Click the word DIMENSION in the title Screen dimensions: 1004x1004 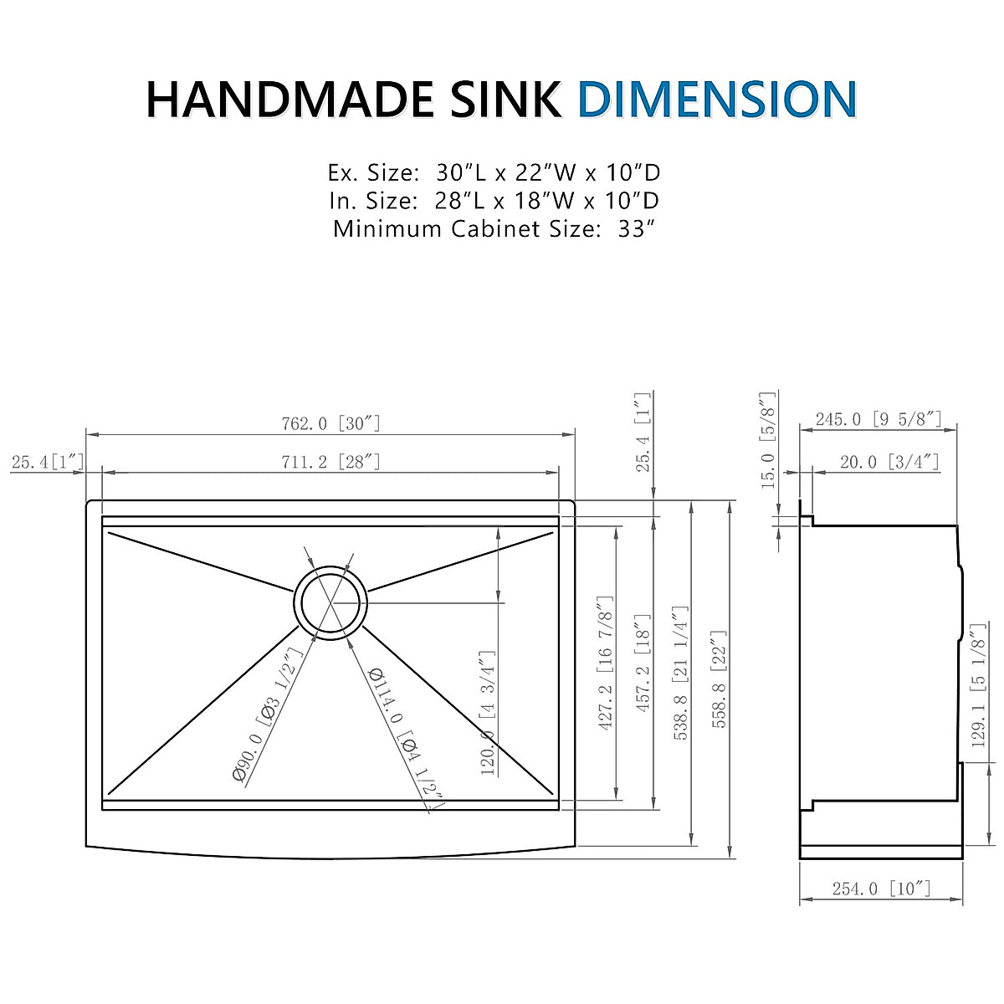[717, 100]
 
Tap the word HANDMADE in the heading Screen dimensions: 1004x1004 [289, 100]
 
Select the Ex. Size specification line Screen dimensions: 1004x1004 [494, 173]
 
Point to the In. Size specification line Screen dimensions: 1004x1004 [494, 201]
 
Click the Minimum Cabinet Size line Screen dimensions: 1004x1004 [494, 228]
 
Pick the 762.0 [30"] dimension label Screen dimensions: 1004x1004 [330, 423]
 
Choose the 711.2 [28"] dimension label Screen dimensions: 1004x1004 [330, 462]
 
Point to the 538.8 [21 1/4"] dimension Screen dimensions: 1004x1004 [680, 674]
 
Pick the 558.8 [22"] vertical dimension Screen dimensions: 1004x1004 [719, 678]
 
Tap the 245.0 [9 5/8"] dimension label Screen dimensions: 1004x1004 [878, 419]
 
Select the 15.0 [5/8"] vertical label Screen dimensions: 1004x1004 [767, 440]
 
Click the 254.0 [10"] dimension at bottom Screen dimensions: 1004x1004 [881, 889]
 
